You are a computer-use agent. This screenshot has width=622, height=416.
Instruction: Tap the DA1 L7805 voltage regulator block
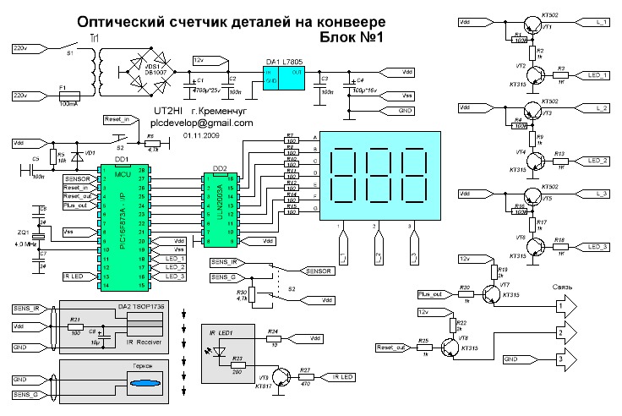[281, 75]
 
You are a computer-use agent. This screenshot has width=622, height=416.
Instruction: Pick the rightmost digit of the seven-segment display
[416, 175]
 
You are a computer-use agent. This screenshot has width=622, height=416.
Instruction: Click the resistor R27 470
[306, 375]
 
